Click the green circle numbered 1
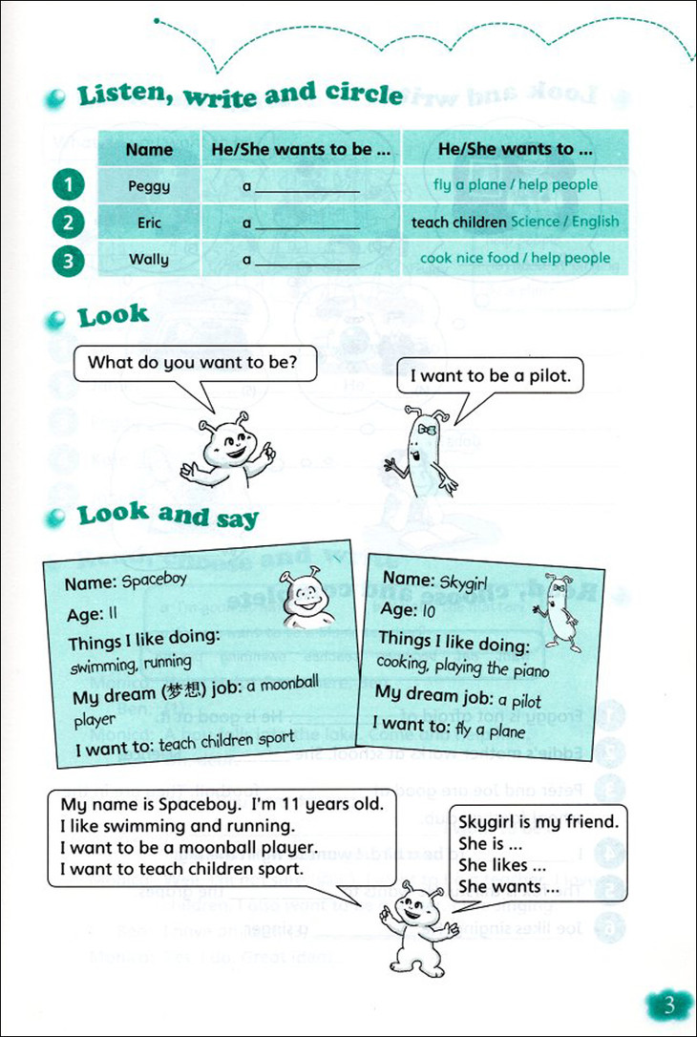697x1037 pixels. point(69,184)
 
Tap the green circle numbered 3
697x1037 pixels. point(69,259)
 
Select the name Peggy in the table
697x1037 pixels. point(149,186)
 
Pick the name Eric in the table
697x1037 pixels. point(149,222)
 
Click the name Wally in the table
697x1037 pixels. point(149,259)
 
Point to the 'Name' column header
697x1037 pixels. point(149,149)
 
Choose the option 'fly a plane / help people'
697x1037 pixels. point(516,185)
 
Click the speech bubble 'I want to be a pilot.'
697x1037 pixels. point(490,376)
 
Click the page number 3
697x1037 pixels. point(668,1005)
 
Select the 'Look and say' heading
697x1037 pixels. point(167,516)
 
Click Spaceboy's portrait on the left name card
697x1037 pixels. point(306,600)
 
